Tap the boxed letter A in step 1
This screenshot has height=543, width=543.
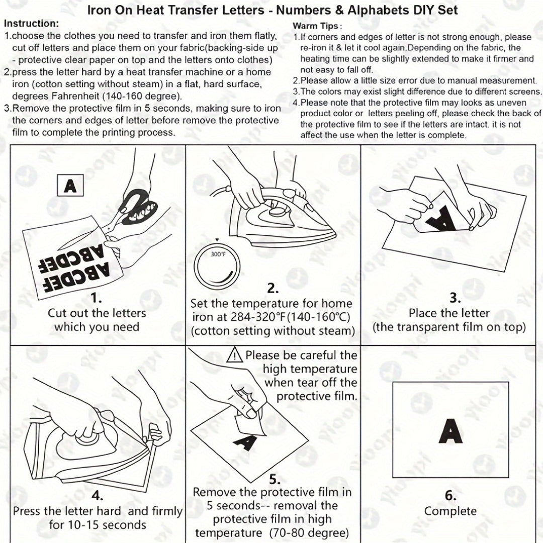pyautogui.click(x=70, y=187)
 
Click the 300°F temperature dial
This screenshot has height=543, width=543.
pyautogui.click(x=218, y=260)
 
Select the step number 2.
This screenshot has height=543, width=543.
pyautogui.click(x=273, y=288)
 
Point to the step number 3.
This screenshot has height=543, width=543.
pyautogui.click(x=455, y=298)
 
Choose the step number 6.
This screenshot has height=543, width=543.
pyautogui.click(x=450, y=495)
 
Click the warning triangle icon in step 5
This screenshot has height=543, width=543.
pyautogui.click(x=235, y=356)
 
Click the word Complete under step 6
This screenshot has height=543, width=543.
pyautogui.click(x=450, y=511)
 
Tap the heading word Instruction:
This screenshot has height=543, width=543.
pyautogui.click(x=31, y=24)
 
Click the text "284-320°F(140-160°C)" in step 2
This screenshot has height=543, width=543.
pyautogui.click(x=271, y=317)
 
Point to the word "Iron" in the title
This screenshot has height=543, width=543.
pyautogui.click(x=99, y=10)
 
